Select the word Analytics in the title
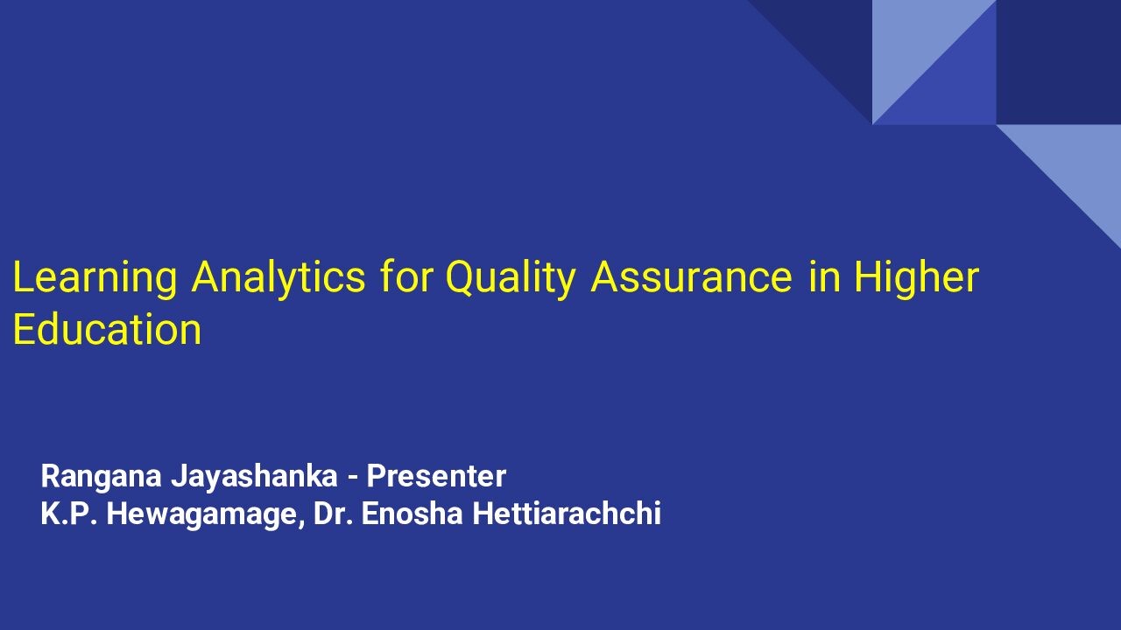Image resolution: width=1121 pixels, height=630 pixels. (x=278, y=277)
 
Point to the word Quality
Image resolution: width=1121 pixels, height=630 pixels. (x=510, y=278)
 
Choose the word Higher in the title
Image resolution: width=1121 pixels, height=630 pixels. (x=916, y=278)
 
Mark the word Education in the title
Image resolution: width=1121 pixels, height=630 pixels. (x=107, y=329)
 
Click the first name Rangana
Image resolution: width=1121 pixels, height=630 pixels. (x=101, y=477)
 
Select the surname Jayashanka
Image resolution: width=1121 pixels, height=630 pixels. (x=254, y=477)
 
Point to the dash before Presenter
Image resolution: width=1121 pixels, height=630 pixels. (x=352, y=478)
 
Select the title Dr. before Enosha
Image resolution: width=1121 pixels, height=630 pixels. (x=333, y=514)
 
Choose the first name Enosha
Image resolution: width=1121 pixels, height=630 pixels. (x=412, y=514)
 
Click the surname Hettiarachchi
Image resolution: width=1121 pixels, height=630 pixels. (x=567, y=514)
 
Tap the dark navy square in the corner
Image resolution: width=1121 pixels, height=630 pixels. (x=1059, y=62)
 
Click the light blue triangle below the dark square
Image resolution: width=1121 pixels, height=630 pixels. (x=1081, y=165)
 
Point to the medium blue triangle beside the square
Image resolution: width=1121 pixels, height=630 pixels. (x=955, y=85)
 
